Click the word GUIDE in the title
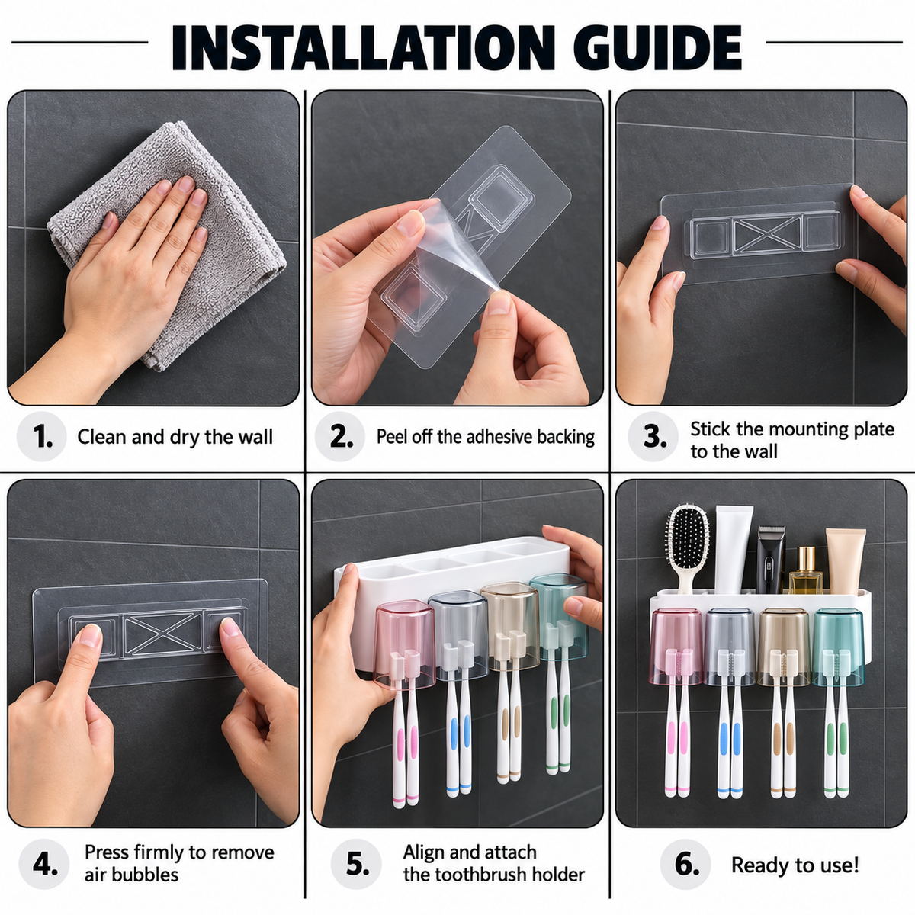pos(657,48)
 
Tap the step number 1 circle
pos(42,436)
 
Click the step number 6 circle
pos(685,864)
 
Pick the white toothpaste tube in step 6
pos(734,549)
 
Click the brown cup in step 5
pos(509,626)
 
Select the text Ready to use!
pos(795,865)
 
